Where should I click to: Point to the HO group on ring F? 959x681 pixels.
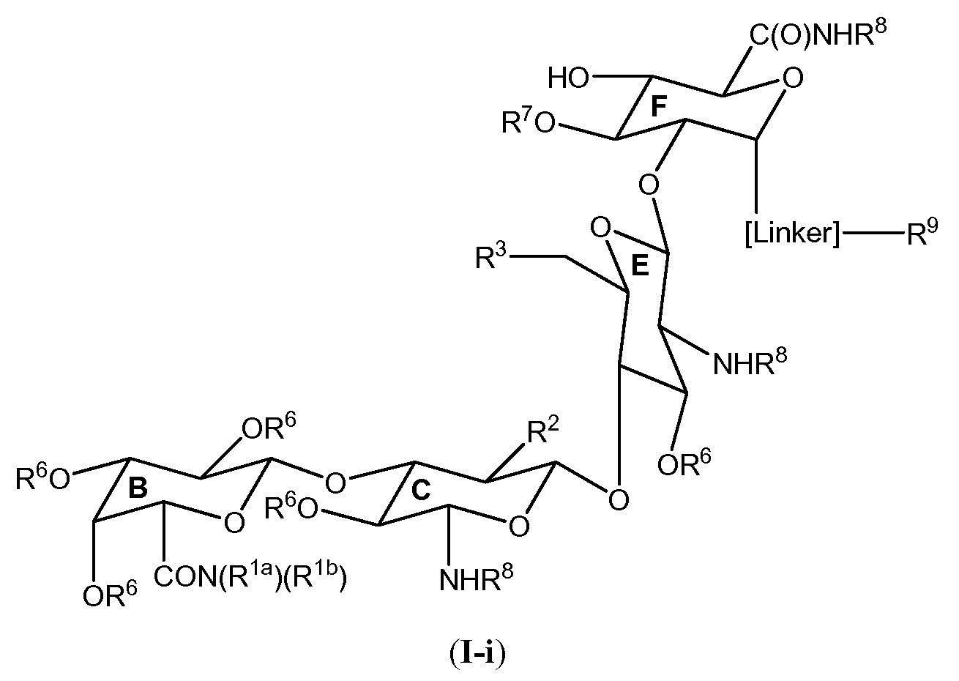click(569, 78)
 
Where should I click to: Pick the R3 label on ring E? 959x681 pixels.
click(490, 258)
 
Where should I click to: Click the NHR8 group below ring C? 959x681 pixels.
click(476, 578)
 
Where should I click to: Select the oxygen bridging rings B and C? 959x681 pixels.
click(335, 483)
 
